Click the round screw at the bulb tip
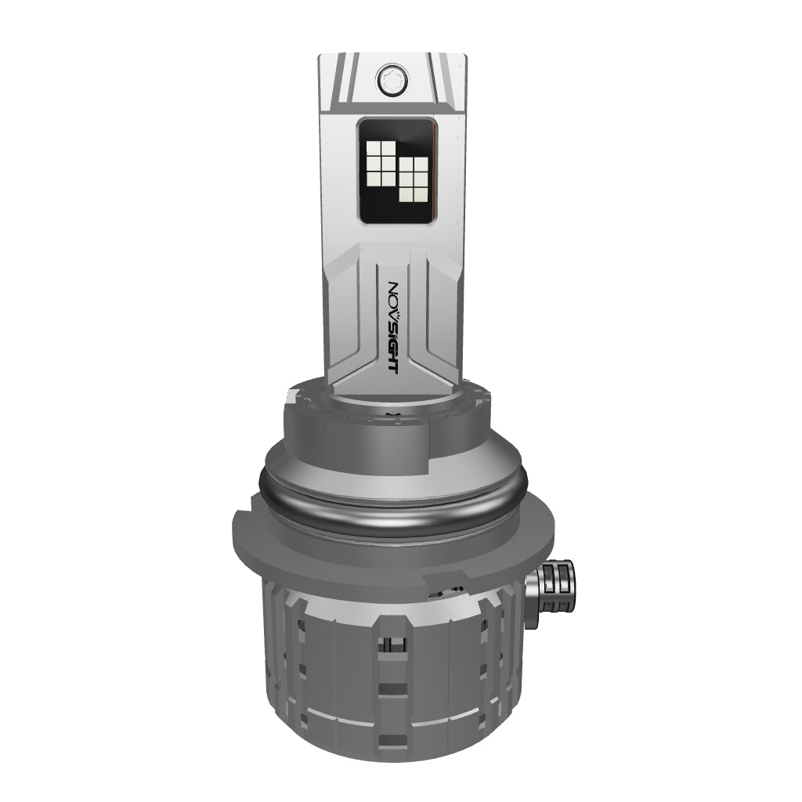click(x=392, y=80)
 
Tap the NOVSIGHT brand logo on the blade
click(x=393, y=327)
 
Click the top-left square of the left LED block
click(x=374, y=148)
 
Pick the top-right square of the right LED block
click(x=421, y=164)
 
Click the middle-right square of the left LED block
click(x=388, y=164)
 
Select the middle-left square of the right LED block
click(x=406, y=179)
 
